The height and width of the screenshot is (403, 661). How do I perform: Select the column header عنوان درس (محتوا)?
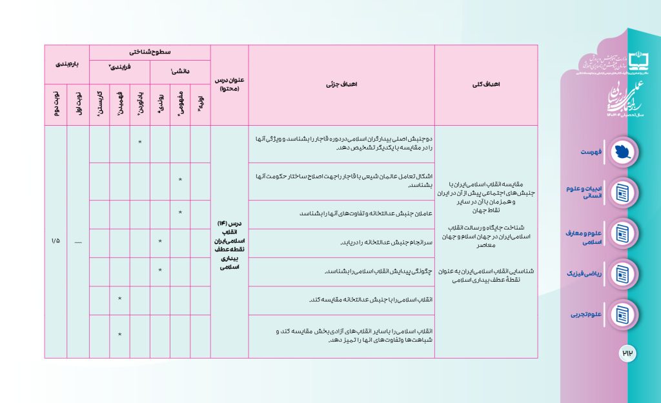click(229, 84)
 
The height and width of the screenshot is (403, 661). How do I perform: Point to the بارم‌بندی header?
click(66, 64)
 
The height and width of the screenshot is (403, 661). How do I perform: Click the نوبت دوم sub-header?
click(56, 104)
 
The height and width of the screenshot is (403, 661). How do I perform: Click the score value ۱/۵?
click(56, 241)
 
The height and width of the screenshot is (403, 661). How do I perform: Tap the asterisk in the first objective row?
click(140, 143)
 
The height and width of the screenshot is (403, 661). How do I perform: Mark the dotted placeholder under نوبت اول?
click(77, 241)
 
